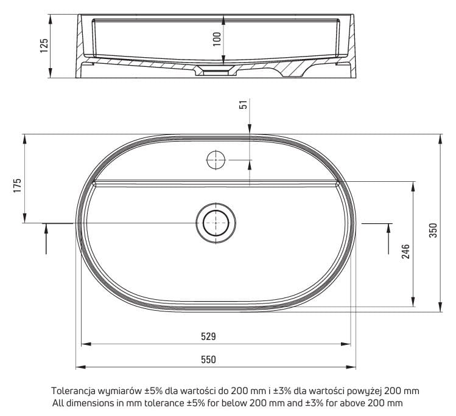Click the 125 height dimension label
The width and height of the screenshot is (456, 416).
pos(44,46)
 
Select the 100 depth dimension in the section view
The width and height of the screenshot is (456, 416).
pos(217,39)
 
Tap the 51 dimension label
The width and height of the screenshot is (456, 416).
pos(244,104)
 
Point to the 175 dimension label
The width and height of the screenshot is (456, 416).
pos(18,185)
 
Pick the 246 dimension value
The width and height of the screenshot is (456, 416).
pos(405,251)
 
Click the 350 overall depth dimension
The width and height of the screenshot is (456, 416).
pos(433,231)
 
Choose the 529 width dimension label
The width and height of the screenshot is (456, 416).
pos(208,336)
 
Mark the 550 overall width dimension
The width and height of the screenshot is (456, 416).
pos(208,359)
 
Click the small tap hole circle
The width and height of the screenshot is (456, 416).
pos(216,160)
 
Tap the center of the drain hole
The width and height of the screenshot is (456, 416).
pos(216,223)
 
